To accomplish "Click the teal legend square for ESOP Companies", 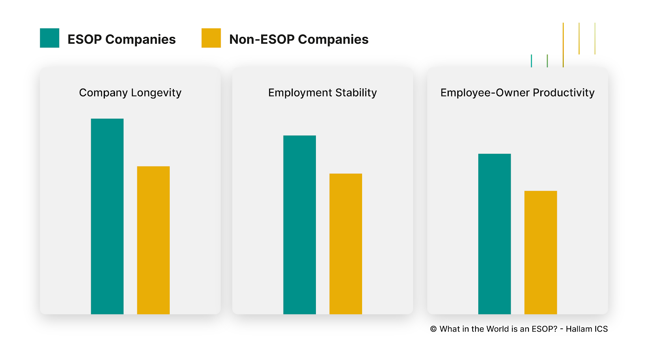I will [49, 38].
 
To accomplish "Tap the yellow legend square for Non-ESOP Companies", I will [211, 38].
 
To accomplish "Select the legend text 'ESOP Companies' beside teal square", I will [122, 39].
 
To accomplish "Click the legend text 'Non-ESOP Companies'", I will [298, 39].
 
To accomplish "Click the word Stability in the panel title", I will [356, 93].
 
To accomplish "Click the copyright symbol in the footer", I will [433, 329].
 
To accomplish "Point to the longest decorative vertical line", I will [563, 45].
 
